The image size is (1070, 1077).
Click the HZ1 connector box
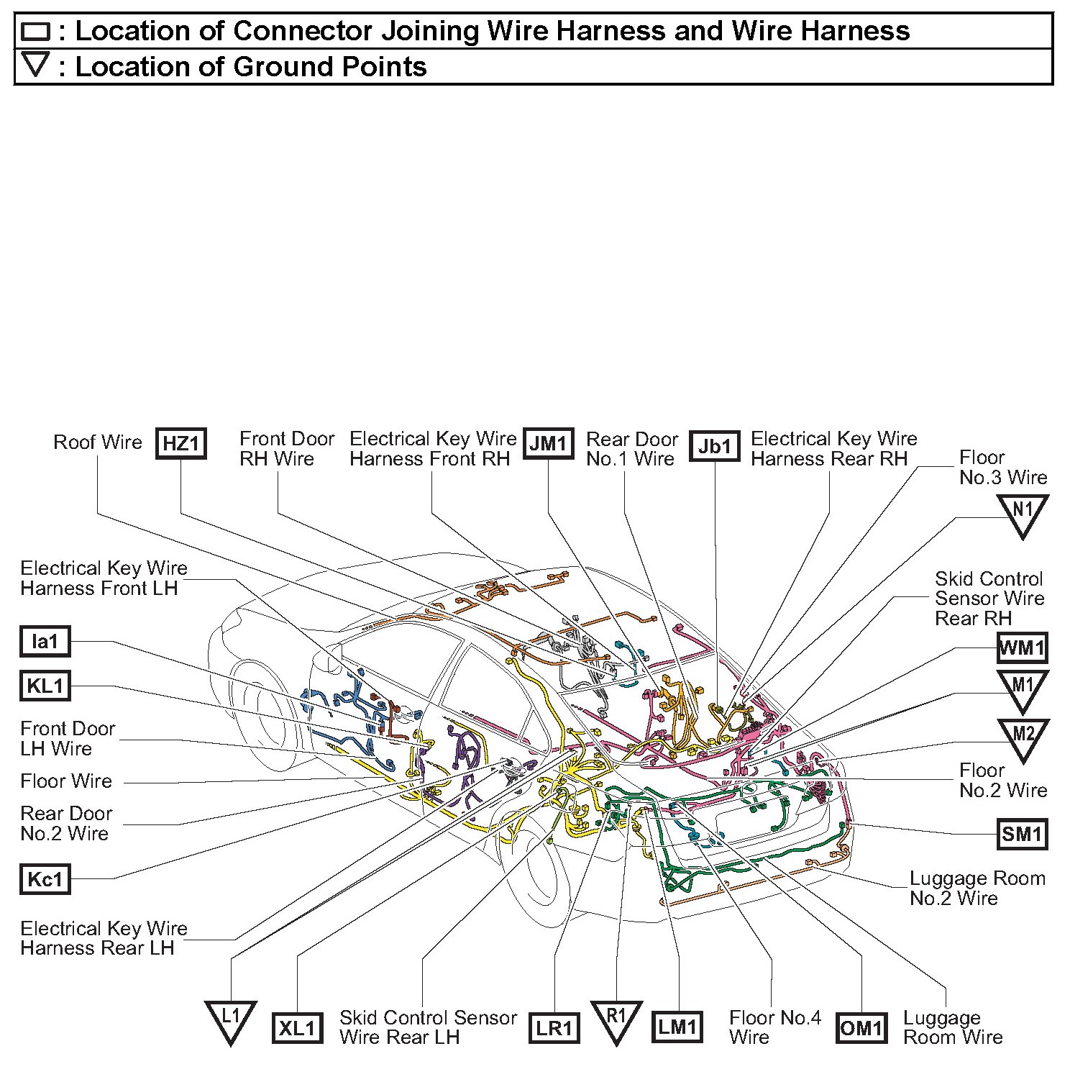pyautogui.click(x=181, y=443)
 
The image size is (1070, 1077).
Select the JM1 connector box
pyautogui.click(x=549, y=443)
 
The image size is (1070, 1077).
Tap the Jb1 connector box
pyautogui.click(x=714, y=446)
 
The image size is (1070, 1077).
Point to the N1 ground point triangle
pyautogui.click(x=1022, y=514)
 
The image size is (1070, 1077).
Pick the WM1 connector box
pyautogui.click(x=1022, y=647)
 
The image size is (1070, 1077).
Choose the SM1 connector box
pyautogui.click(x=1022, y=834)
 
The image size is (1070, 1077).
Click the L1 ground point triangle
pyautogui.click(x=230, y=1020)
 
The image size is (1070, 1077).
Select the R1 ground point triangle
pyautogui.click(x=616, y=1020)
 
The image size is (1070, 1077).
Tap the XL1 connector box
pyautogui.click(x=297, y=1028)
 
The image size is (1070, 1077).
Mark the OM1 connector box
pyautogui.click(x=861, y=1028)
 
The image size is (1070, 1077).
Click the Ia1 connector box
pyautogui.click(x=45, y=641)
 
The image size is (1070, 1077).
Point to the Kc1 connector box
pyautogui.click(x=45, y=879)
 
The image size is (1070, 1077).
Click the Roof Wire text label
pyautogui.click(x=98, y=442)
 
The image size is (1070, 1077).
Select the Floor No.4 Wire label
pyautogui.click(x=774, y=1027)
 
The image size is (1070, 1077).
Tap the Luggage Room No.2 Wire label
pyautogui.click(x=977, y=888)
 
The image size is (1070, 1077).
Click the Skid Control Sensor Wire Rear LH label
pyautogui.click(x=428, y=1027)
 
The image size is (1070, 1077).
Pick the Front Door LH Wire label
pyautogui.click(x=67, y=738)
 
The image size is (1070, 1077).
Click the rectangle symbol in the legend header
pyautogui.click(x=35, y=31)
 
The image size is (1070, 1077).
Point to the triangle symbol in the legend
pyautogui.click(x=35, y=66)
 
